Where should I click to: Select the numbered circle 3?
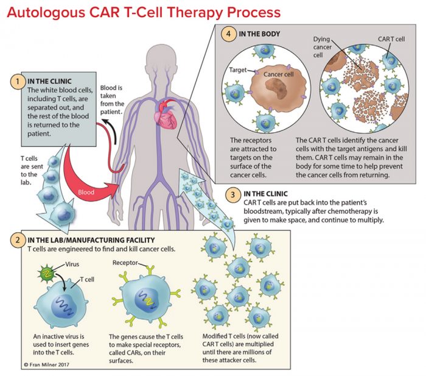231,194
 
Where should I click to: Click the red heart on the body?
166,116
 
